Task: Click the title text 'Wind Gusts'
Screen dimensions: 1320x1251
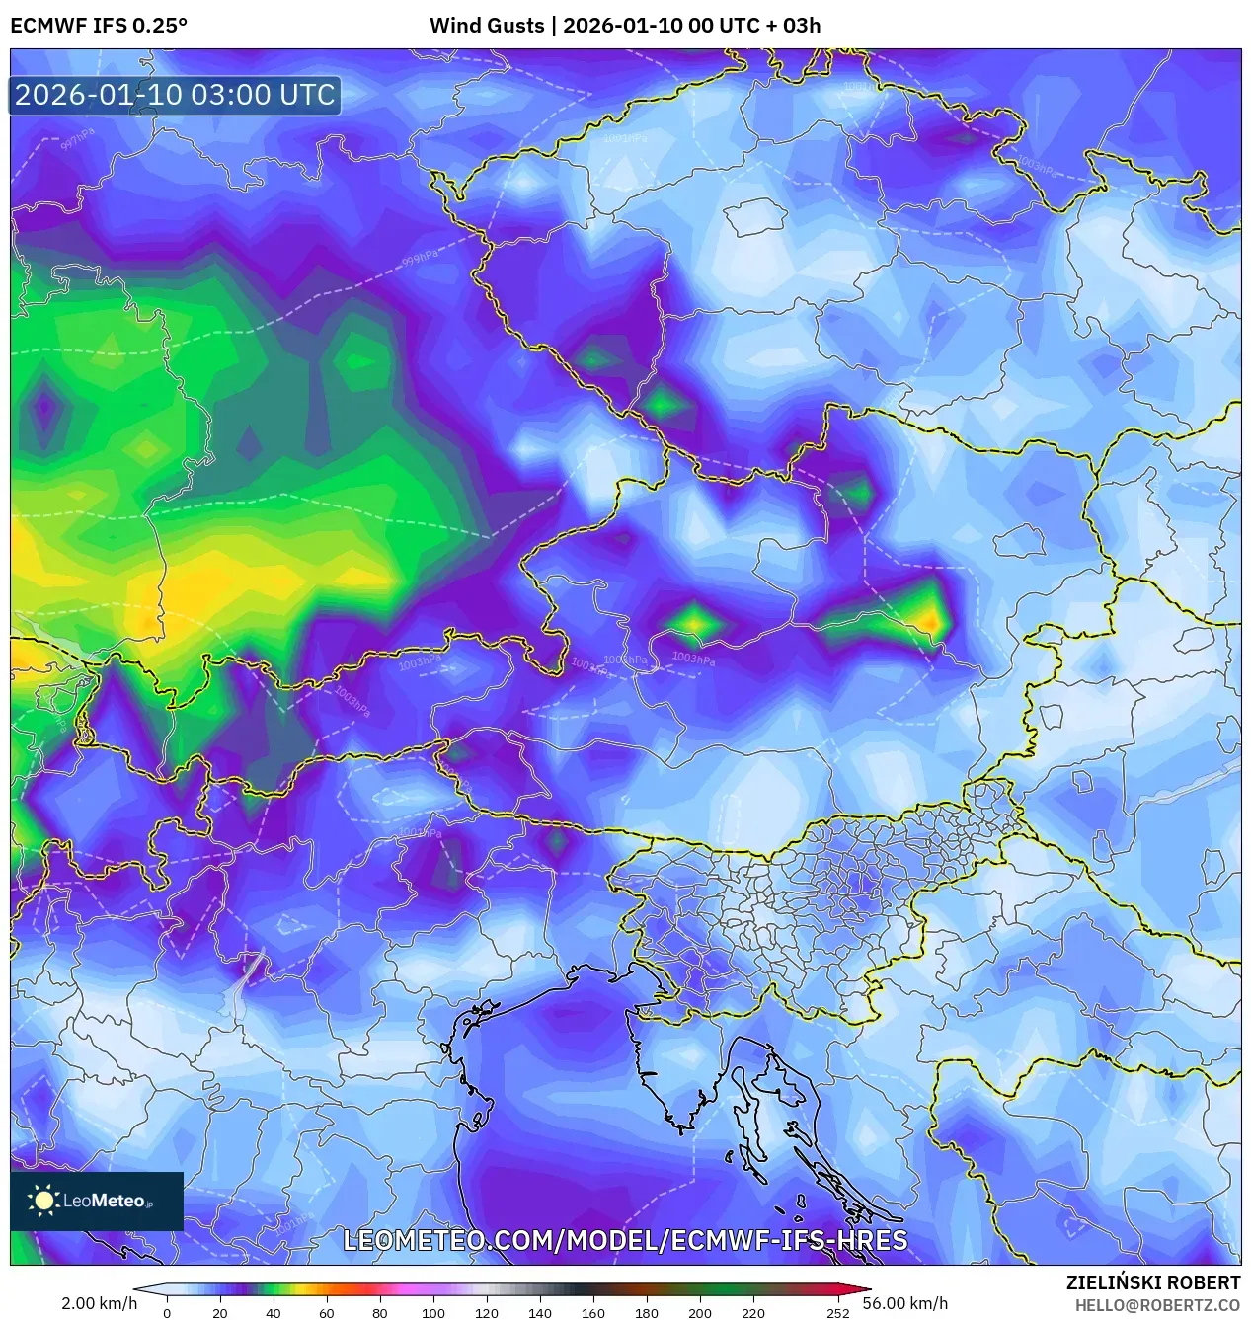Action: pos(486,26)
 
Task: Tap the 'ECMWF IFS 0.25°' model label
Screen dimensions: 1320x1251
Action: pos(99,26)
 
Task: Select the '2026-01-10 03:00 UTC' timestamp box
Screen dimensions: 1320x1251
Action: pos(175,95)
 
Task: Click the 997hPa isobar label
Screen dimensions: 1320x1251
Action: pos(77,138)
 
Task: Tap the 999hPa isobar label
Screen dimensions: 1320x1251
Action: pos(420,259)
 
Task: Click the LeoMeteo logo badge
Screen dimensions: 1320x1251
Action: pos(97,1201)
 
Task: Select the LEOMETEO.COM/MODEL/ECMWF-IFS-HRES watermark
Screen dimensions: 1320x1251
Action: pos(625,1240)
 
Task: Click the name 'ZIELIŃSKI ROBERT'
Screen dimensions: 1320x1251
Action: pos(1152,1282)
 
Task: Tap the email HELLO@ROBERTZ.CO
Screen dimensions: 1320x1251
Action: pos(1157,1305)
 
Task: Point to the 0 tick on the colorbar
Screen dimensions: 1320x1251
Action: pos(167,1312)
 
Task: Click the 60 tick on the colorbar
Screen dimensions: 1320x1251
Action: pos(326,1312)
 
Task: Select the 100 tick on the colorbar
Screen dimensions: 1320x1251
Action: pos(432,1312)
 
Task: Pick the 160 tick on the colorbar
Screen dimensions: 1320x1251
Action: pos(592,1312)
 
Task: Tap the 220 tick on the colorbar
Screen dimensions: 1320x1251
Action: pos(752,1312)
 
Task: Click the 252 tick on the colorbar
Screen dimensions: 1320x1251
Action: pos(837,1312)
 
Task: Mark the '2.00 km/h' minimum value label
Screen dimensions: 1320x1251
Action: pos(99,1303)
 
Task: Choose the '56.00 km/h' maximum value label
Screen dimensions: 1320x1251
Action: pos(904,1303)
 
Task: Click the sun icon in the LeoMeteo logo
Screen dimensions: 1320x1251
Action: pos(44,1201)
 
